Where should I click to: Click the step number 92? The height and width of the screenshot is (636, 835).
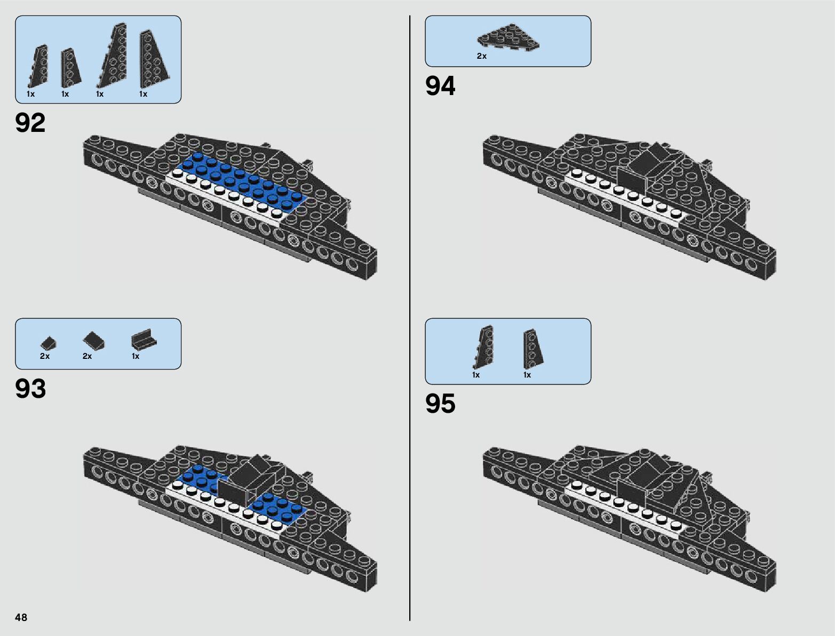(30, 123)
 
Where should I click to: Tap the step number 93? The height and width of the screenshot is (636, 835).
(30, 389)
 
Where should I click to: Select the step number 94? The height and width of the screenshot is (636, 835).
(440, 86)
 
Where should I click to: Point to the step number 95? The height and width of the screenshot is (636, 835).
(440, 404)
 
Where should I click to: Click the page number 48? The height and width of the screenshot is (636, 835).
(21, 617)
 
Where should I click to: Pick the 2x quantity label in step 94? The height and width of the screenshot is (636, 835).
(482, 56)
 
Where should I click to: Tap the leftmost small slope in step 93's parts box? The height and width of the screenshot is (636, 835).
(48, 342)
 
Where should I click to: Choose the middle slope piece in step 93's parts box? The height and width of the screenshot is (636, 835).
(93, 340)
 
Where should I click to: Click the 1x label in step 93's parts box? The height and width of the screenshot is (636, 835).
(136, 356)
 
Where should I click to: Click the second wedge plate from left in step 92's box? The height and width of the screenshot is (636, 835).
(70, 68)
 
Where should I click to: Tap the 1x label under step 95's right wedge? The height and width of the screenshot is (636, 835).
(527, 375)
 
